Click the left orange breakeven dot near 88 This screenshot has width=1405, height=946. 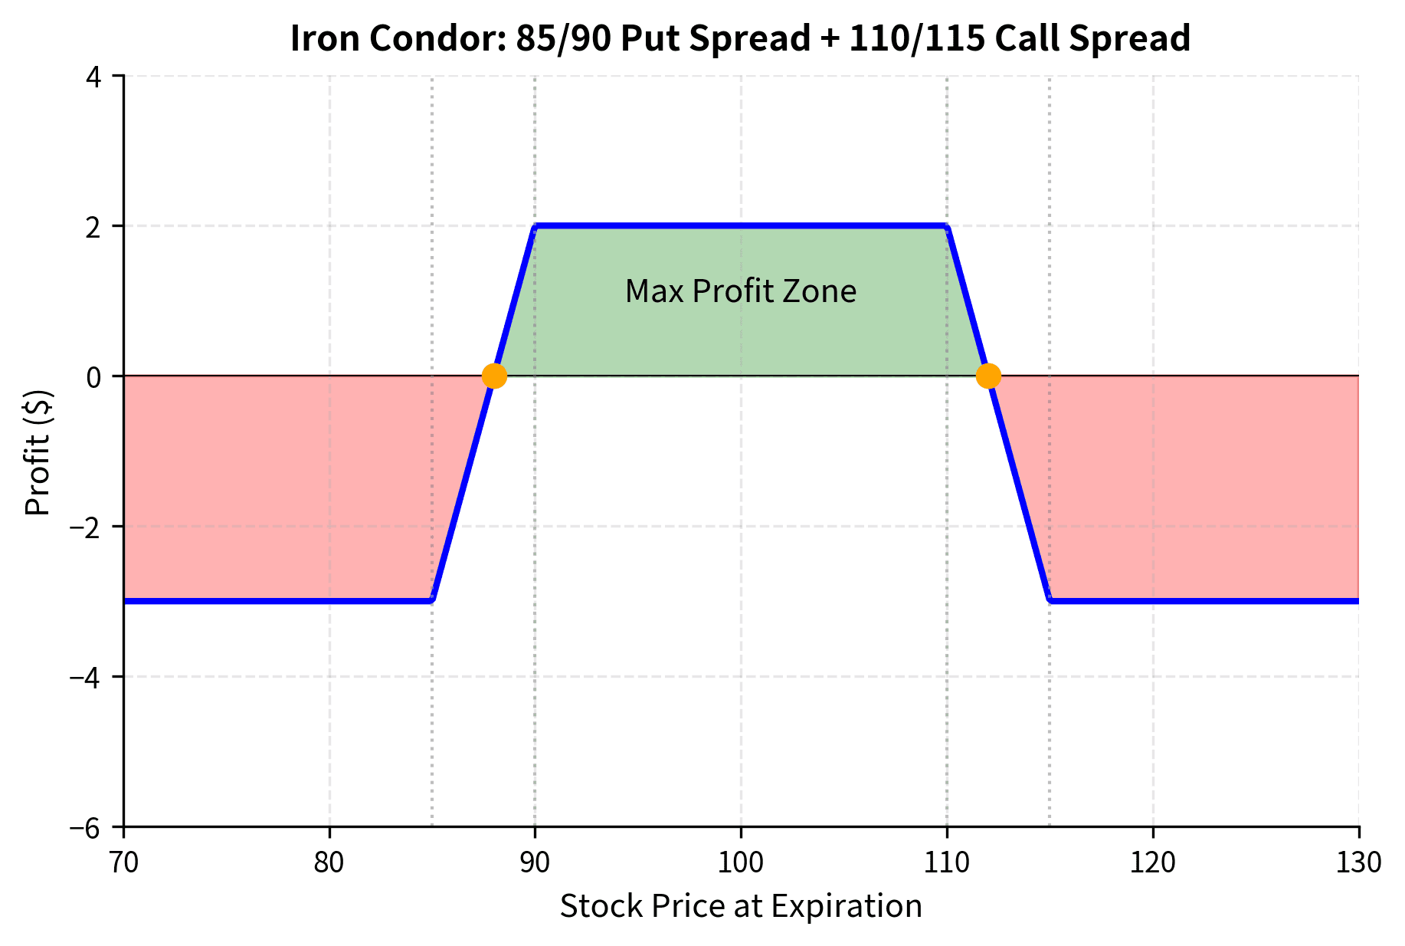point(494,376)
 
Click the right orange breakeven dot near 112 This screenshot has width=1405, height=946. point(988,376)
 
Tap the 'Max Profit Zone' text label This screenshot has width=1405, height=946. point(740,291)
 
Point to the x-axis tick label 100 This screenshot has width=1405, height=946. point(740,863)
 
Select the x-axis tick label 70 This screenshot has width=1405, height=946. point(123,863)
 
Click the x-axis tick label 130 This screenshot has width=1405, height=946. point(1358,863)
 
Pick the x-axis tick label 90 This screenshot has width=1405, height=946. point(535,863)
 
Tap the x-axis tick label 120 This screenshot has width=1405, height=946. point(1153,863)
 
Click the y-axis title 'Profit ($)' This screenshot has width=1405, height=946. point(38,452)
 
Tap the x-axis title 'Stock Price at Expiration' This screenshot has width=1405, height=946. point(740,906)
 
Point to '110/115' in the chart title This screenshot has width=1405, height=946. point(916,38)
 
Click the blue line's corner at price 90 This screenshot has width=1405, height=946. point(535,226)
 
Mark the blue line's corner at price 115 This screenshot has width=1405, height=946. point(1050,601)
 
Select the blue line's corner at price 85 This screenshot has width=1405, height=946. point(432,601)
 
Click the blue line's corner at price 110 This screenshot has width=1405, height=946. point(947,226)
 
